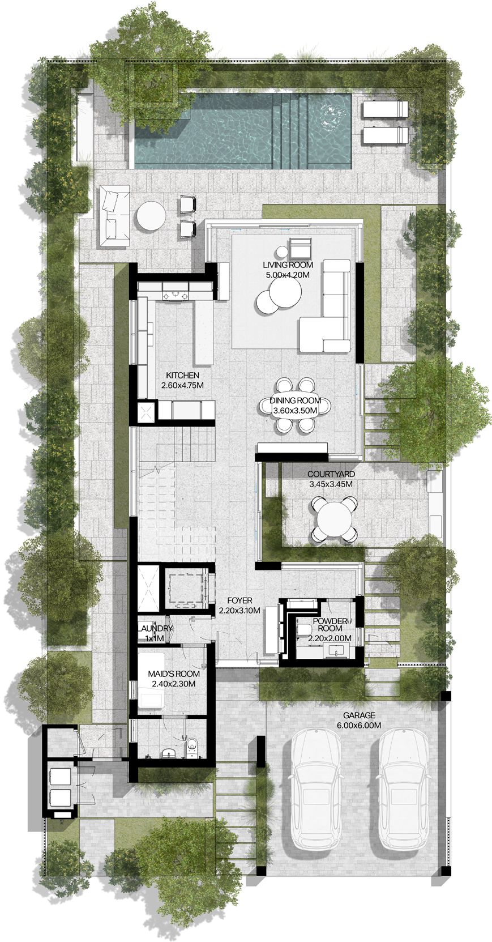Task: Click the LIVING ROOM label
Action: pyautogui.click(x=288, y=265)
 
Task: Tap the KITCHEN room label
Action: pyautogui.click(x=182, y=375)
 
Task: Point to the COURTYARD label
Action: pyautogui.click(x=331, y=475)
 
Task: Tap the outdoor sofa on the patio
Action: pyautogui.click(x=115, y=216)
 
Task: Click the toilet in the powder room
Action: pyautogui.click(x=304, y=629)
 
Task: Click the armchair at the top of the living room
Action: pyautogui.click(x=301, y=248)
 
